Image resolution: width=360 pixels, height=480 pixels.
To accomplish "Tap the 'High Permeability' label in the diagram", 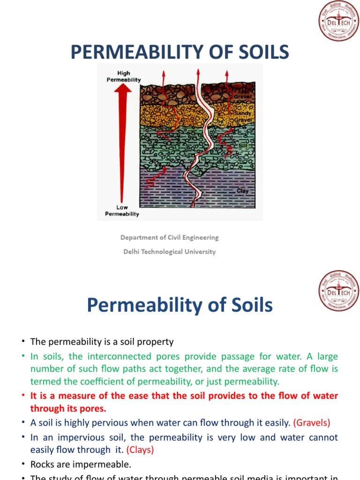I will click(x=123, y=76).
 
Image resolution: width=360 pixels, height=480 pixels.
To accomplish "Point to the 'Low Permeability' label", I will click(x=122, y=210).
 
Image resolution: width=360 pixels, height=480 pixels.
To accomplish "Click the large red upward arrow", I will click(x=123, y=141).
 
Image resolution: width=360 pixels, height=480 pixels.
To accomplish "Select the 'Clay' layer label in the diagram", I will click(x=242, y=191).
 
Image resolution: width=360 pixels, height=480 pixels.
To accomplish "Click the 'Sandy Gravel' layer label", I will click(x=243, y=116).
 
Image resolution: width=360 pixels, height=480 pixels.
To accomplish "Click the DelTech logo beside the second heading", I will click(x=338, y=291).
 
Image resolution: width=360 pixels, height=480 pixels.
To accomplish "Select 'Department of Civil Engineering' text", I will click(x=170, y=237).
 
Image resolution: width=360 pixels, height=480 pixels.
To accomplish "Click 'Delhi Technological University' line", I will click(x=170, y=251).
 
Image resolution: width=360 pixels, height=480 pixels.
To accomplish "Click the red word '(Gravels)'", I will click(x=312, y=423).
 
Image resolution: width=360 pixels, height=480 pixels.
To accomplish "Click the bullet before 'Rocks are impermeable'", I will click(x=22, y=465).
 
